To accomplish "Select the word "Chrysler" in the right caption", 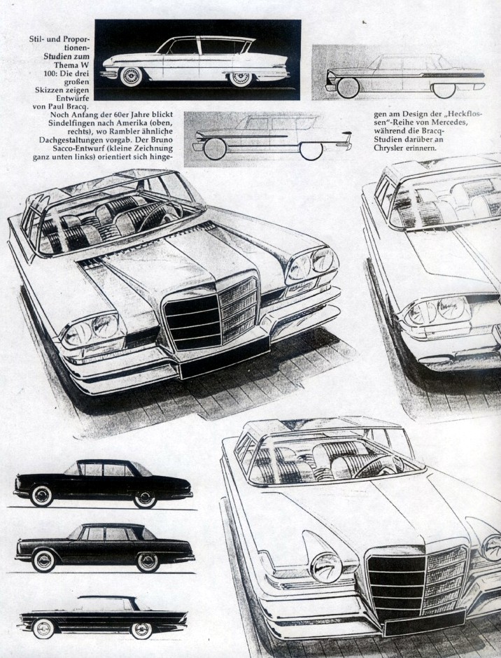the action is [387, 148].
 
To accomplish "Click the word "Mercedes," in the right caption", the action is [451, 122].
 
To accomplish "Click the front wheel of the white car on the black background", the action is [130, 77].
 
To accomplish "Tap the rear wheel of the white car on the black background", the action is [241, 78].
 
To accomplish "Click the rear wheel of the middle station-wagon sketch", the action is [311, 150].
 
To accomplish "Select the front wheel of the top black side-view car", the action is [41, 496].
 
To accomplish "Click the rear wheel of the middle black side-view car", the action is [148, 562].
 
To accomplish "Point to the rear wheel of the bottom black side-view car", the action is [141, 630].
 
